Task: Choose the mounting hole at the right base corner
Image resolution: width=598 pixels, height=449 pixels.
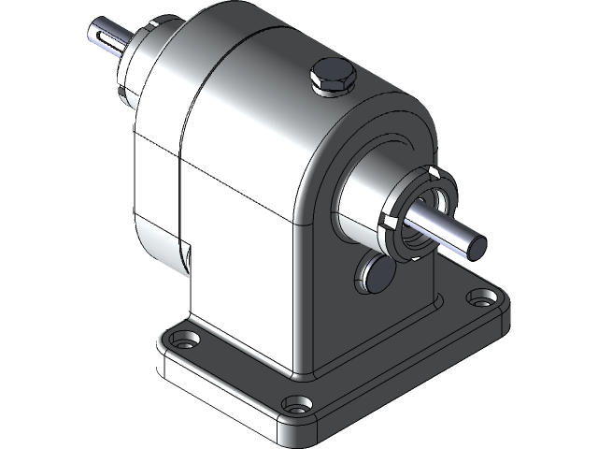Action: [x=481, y=301]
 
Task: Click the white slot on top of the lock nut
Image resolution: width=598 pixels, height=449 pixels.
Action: [x=432, y=172]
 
